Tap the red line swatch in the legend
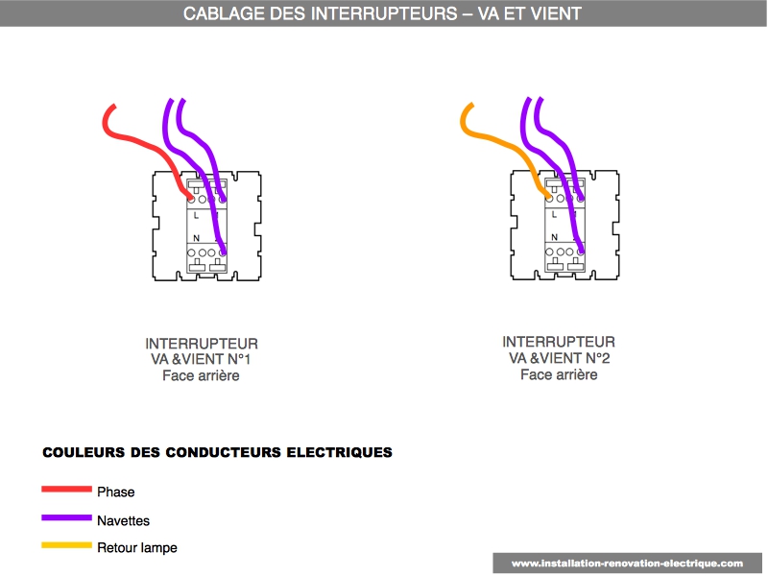(66, 489)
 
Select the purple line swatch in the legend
(66, 517)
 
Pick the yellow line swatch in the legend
(66, 545)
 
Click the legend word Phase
(115, 492)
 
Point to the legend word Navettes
(124, 520)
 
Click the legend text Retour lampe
(137, 547)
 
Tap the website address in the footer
(627, 564)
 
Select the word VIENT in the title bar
(556, 13)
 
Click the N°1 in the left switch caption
(238, 359)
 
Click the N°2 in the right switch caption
(597, 358)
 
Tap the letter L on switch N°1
(196, 215)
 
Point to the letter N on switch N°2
(554, 237)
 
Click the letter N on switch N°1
(197, 238)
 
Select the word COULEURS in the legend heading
(84, 452)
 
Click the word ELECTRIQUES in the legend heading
(340, 452)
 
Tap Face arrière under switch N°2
(559, 374)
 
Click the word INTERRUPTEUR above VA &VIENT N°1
(202, 344)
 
